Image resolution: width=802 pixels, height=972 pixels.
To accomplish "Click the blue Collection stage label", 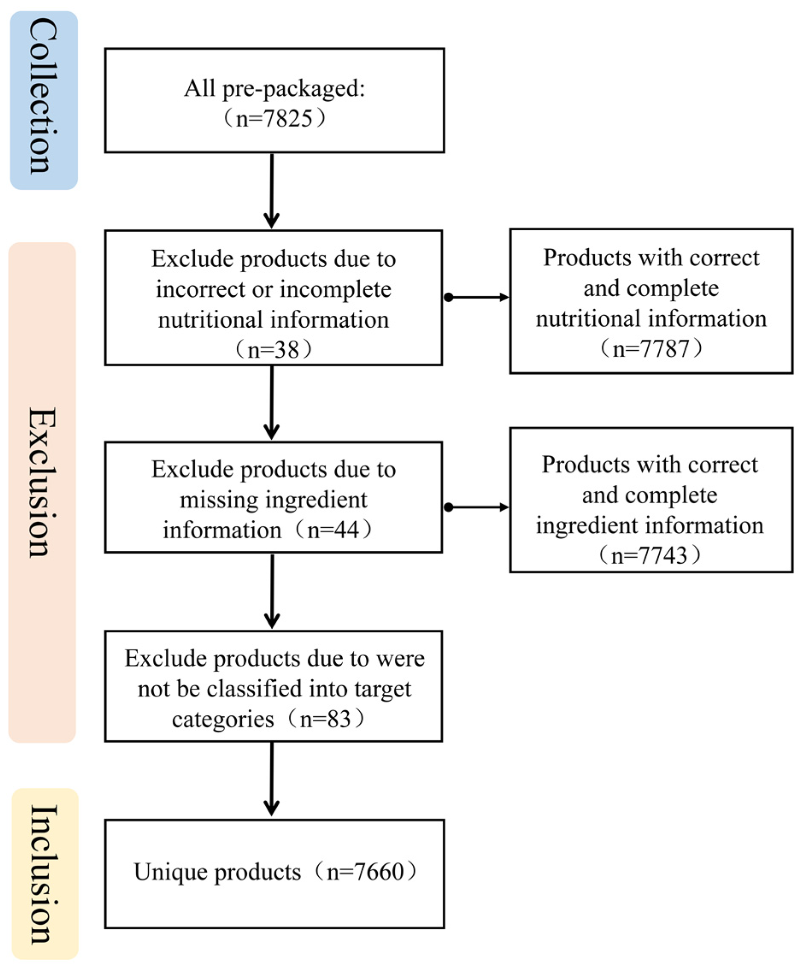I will tap(44, 100).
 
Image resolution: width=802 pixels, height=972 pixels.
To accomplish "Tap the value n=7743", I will tap(649, 555).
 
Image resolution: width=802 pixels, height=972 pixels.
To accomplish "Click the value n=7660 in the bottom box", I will tap(365, 872).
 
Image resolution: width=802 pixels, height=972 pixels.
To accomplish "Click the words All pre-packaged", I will tap(274, 88).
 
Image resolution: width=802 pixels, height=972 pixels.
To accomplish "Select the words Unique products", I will tap(217, 872).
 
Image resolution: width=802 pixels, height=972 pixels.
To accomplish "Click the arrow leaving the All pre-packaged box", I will tap(272, 190).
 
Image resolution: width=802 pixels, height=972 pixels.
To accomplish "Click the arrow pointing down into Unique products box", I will tap(272, 779).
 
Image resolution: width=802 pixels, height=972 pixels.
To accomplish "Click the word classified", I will tap(254, 689).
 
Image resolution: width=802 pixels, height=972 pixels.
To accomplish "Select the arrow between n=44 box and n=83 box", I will tap(272, 591).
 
